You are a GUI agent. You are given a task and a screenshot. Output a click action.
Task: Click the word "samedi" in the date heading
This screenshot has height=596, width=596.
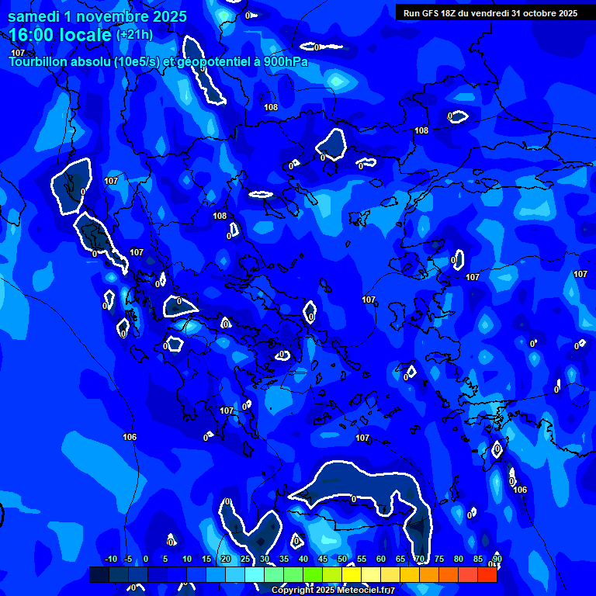[x=36, y=16]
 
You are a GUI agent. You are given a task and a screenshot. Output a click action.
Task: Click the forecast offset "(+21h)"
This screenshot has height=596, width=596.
[x=134, y=35]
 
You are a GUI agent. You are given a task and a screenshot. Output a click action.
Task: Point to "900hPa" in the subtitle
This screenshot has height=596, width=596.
[x=282, y=61]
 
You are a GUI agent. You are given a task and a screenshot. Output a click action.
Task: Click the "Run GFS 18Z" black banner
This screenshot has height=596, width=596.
[x=490, y=12]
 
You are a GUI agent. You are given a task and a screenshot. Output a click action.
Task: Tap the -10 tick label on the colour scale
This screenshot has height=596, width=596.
[x=110, y=560]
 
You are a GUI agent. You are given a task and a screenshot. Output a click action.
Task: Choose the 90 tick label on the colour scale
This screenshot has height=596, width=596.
[x=497, y=560]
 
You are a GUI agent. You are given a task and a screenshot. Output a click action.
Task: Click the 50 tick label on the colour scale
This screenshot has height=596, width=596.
[x=341, y=560]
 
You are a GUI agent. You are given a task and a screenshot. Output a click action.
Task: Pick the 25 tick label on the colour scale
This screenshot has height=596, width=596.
[x=244, y=560]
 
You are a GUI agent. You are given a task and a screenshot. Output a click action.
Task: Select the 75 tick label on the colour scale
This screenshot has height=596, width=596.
[x=438, y=560]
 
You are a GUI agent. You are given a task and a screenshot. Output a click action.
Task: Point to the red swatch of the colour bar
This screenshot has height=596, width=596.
[x=487, y=575]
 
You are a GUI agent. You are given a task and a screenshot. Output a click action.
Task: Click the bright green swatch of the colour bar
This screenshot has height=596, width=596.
[x=312, y=575]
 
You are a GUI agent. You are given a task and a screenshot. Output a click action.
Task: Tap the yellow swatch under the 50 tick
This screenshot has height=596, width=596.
[x=351, y=575]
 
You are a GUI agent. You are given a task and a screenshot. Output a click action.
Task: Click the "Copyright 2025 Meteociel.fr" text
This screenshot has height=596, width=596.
[x=333, y=591]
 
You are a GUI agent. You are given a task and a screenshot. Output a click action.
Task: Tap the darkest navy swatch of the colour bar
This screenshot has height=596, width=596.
[x=99, y=575]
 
